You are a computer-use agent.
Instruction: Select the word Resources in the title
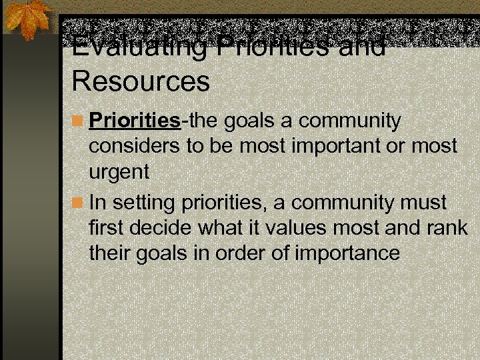141,81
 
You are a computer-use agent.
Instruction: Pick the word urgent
119,172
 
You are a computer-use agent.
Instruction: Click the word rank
449,227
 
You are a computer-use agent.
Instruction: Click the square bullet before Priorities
78,122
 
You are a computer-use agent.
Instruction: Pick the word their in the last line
109,253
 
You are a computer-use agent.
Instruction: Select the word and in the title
366,47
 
